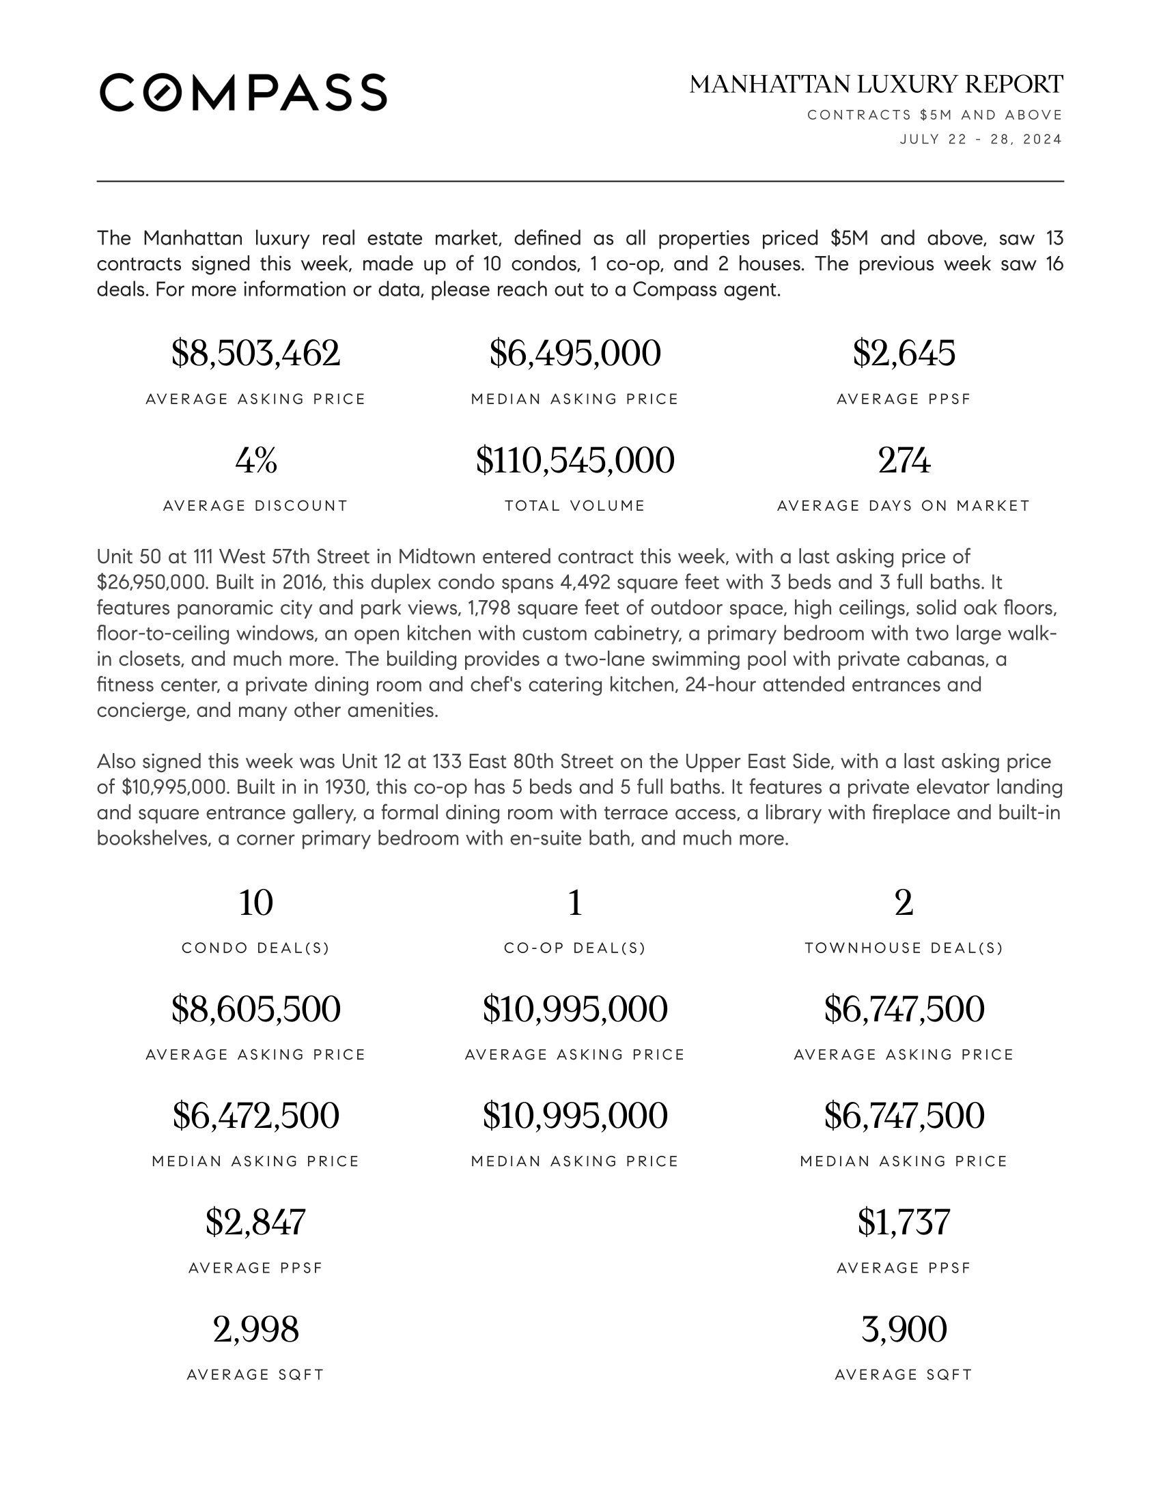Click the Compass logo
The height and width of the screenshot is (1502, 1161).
click(x=243, y=92)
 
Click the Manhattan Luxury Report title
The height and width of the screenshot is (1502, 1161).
click(x=876, y=85)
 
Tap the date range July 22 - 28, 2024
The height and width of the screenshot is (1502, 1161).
click(x=981, y=139)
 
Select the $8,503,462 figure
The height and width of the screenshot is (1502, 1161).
click(x=255, y=354)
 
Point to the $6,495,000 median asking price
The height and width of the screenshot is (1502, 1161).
click(x=575, y=354)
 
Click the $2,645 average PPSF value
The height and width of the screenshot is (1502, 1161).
click(x=904, y=354)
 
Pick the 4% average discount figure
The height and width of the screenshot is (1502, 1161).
click(x=255, y=460)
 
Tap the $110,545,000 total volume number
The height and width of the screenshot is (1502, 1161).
click(x=575, y=460)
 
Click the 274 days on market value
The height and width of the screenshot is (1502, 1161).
click(x=904, y=460)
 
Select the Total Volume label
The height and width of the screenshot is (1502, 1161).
click(x=575, y=506)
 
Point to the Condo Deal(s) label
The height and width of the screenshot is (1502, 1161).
click(x=255, y=948)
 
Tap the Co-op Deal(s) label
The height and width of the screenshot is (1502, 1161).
click(x=575, y=948)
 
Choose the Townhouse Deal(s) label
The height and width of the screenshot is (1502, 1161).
click(x=904, y=948)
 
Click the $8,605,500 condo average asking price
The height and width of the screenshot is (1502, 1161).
click(x=255, y=1010)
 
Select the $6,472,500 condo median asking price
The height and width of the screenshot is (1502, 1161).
click(x=255, y=1116)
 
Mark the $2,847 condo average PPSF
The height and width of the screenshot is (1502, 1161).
click(x=255, y=1222)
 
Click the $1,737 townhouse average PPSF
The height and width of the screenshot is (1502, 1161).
click(x=904, y=1222)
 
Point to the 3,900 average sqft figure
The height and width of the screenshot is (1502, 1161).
click(x=904, y=1329)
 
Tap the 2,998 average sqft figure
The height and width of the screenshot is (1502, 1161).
click(x=255, y=1329)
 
